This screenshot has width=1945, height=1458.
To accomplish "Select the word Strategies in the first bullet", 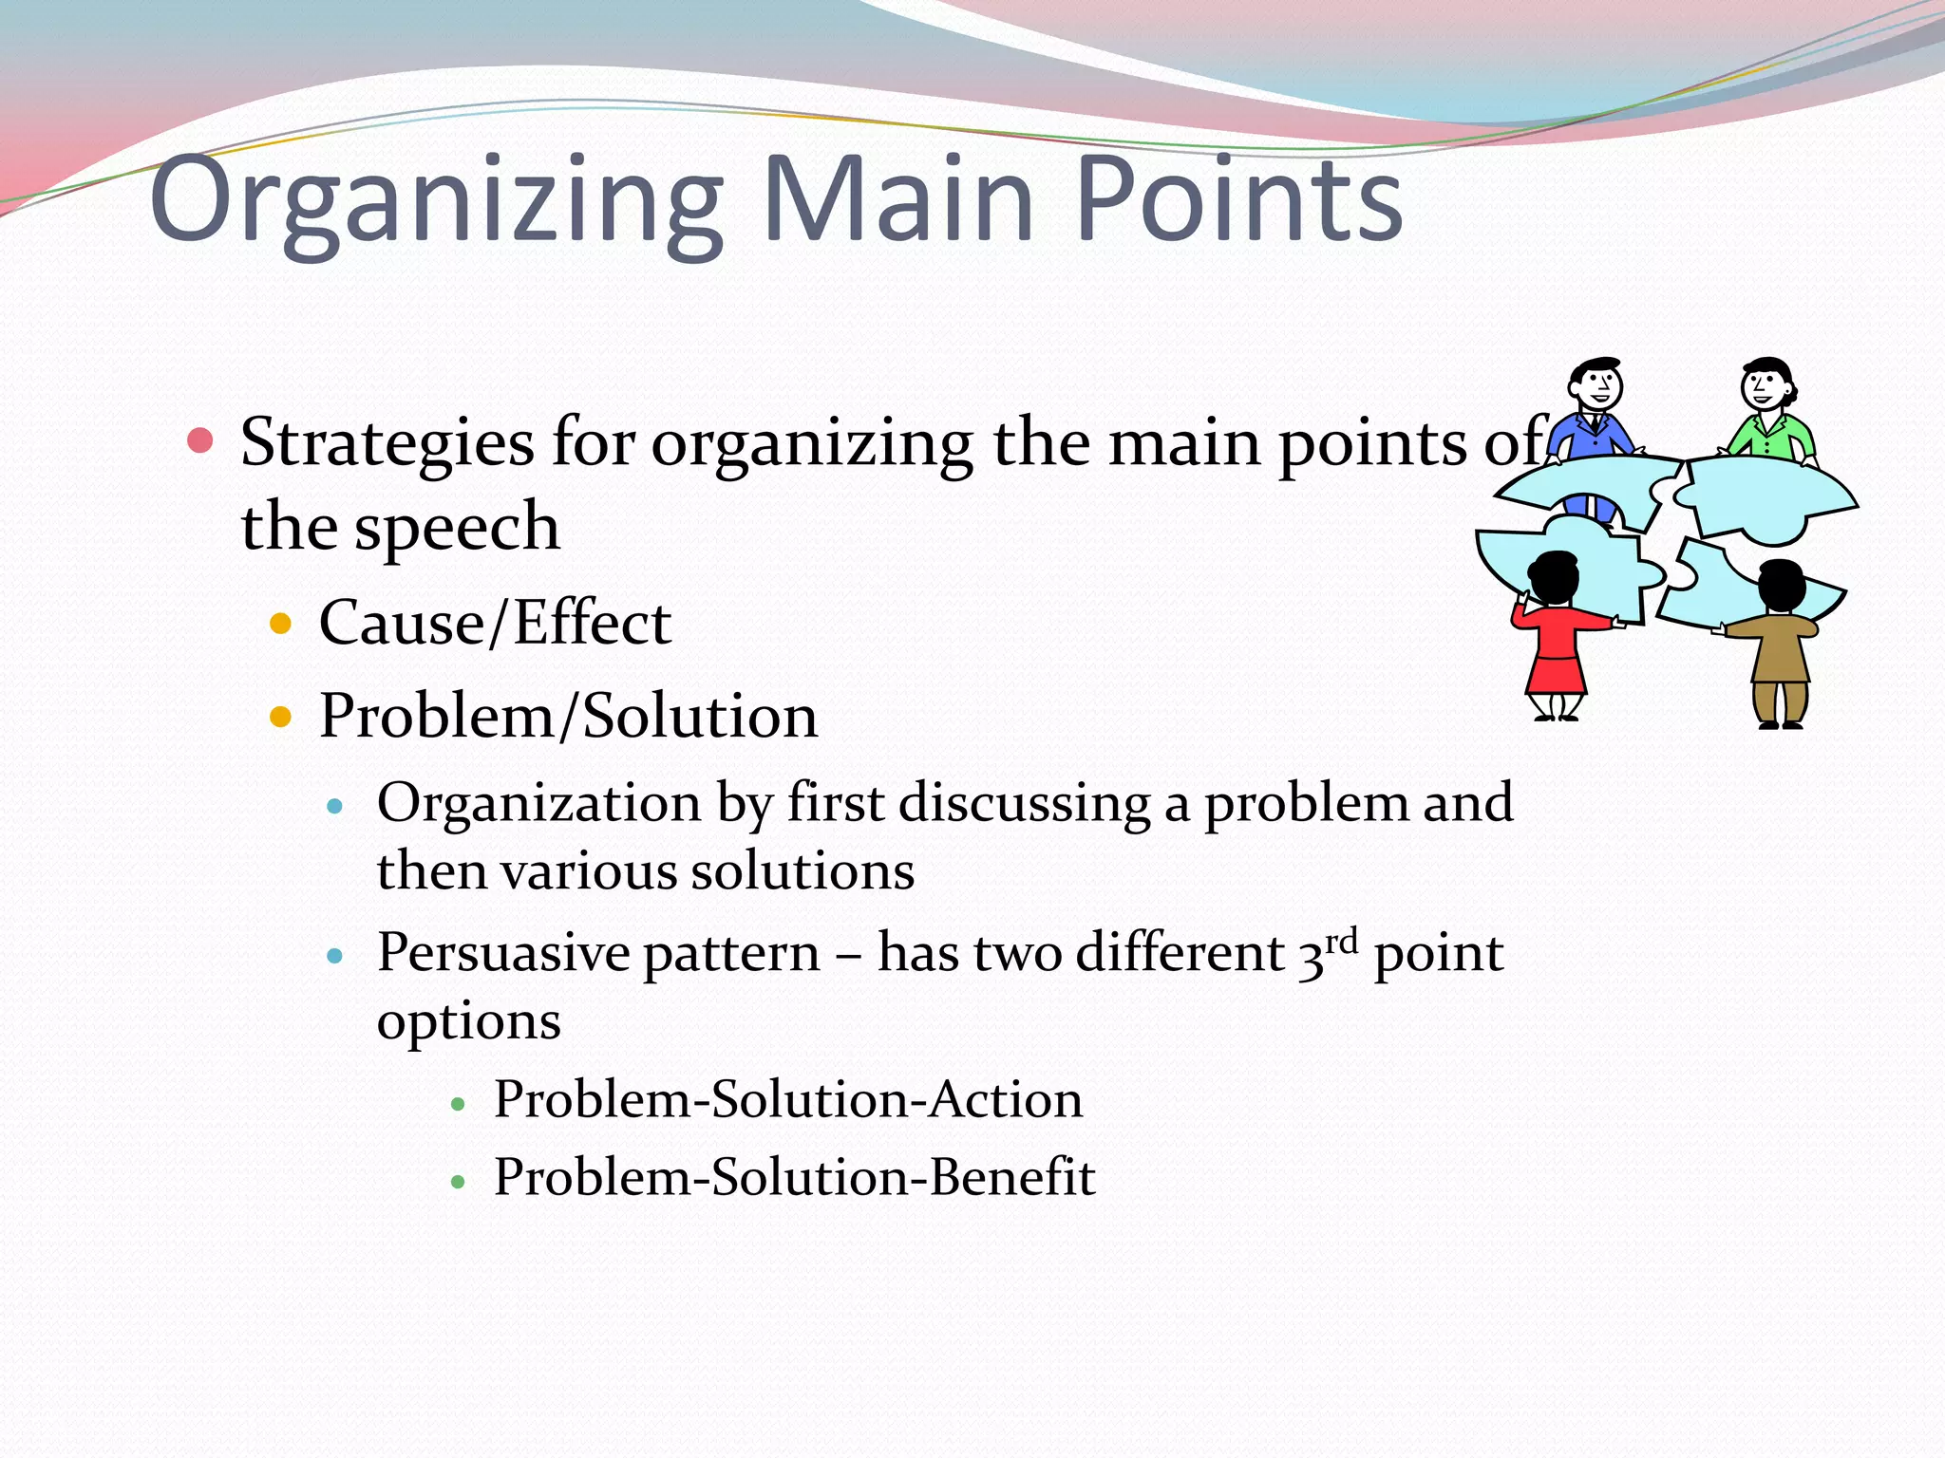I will tap(387, 443).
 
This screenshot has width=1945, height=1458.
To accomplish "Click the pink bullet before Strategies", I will tap(200, 440).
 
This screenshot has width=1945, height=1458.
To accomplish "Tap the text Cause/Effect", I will tap(495, 624).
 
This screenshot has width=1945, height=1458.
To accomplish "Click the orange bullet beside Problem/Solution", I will tap(280, 716).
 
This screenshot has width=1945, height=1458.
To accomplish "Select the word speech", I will tap(457, 527).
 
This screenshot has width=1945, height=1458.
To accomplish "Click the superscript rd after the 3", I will tap(1341, 942).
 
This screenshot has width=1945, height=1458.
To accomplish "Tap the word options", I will tap(468, 1022).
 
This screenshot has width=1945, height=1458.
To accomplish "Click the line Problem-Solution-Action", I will tap(787, 1100).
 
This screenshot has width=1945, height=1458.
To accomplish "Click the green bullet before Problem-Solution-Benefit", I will tap(458, 1182).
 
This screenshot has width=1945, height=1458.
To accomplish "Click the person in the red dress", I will tap(1556, 636).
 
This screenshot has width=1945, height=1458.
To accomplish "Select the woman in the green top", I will tap(1768, 413).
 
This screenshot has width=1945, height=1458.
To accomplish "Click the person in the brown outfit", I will tap(1778, 645).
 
